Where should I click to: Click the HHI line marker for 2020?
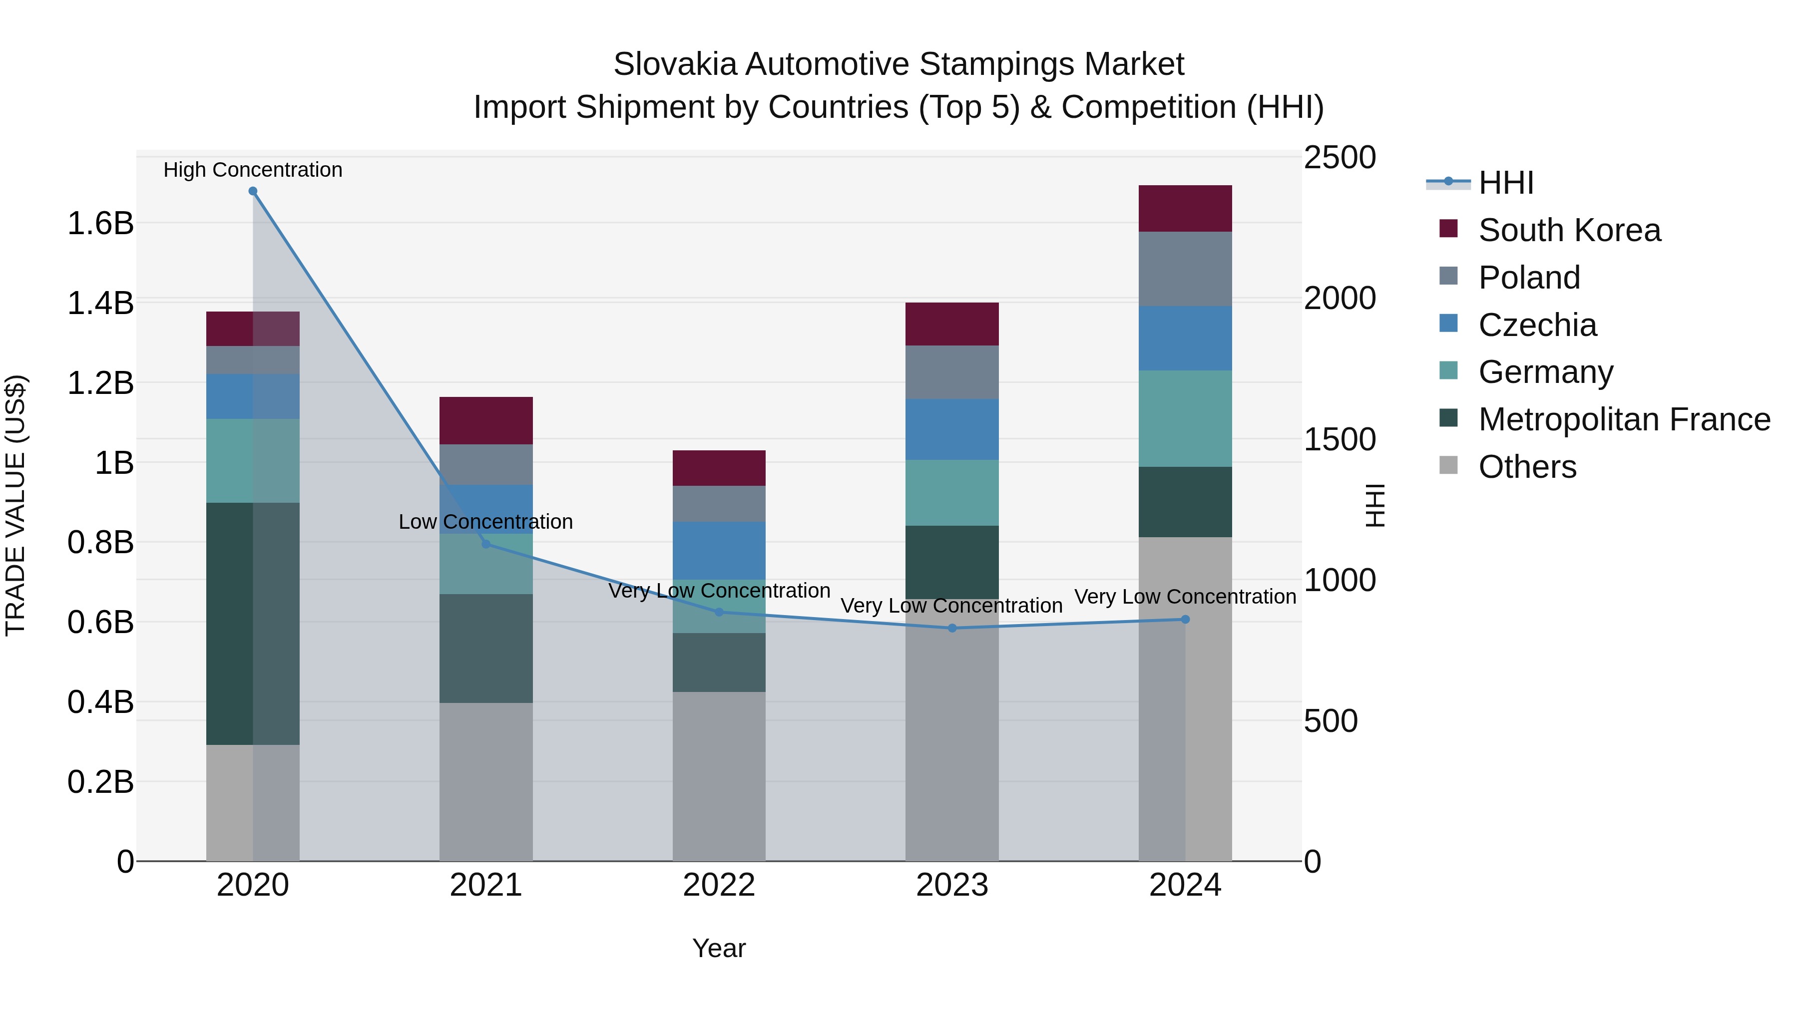(253, 191)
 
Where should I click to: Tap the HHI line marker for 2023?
(952, 628)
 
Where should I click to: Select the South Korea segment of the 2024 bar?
(1185, 209)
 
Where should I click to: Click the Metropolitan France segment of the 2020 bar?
(253, 623)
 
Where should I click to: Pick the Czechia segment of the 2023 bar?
(952, 429)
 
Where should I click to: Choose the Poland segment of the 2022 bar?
(719, 504)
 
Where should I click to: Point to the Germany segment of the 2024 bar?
(1185, 419)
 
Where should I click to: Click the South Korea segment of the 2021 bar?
(486, 421)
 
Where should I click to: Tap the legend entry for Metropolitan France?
(1624, 419)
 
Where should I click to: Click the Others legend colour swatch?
(1448, 465)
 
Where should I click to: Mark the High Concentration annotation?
(253, 170)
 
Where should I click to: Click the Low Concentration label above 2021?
(486, 521)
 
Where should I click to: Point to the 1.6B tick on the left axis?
(100, 223)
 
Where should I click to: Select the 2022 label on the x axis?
(719, 885)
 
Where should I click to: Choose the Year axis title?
(719, 948)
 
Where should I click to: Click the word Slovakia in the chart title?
(674, 64)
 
